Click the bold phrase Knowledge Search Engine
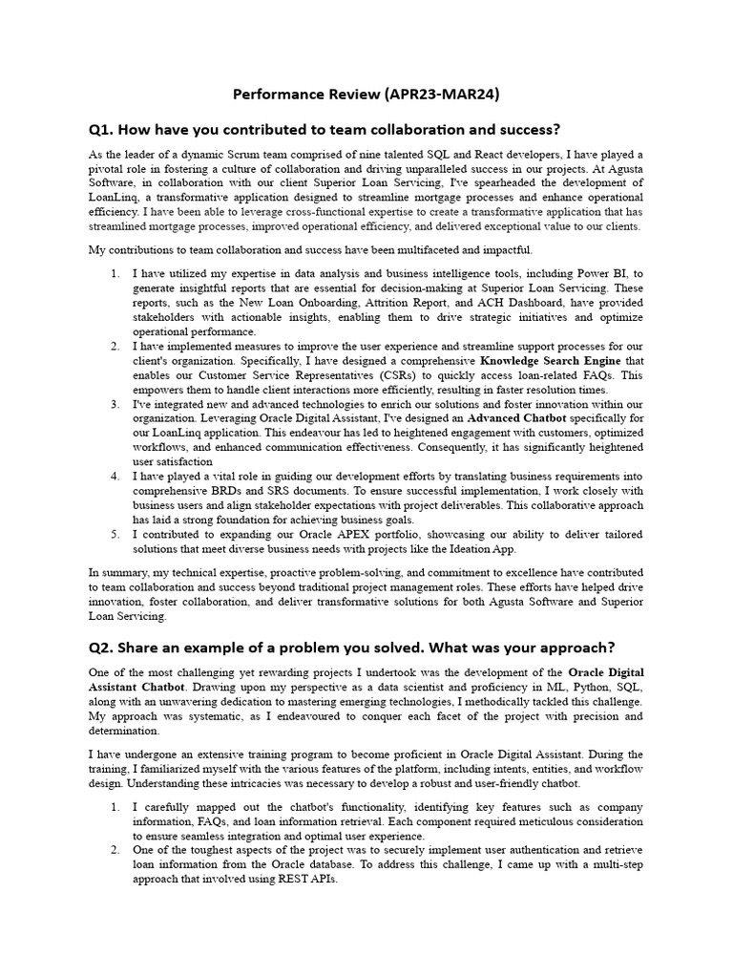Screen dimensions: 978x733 coord(550,361)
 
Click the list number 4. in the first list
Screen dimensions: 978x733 coord(115,476)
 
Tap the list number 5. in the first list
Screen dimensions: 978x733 coord(115,534)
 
